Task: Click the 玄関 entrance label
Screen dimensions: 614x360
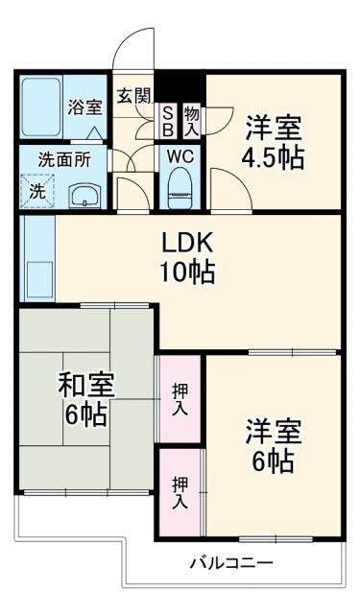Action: (x=133, y=96)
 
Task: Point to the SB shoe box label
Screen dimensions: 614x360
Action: (x=166, y=121)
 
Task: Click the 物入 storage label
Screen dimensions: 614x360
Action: (x=190, y=121)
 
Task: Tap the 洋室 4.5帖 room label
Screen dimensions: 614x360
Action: (x=273, y=141)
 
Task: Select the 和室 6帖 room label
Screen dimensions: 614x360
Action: (x=86, y=399)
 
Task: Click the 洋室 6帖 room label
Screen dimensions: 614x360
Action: (x=273, y=445)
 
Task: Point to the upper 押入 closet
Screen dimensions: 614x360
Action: (x=180, y=399)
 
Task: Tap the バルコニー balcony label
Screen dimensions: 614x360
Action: (x=230, y=562)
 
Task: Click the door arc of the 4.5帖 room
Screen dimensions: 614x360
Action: (x=228, y=187)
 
